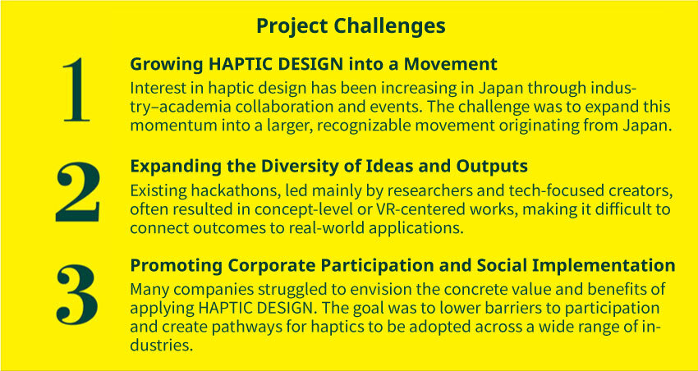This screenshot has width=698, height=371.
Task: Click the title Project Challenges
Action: [x=351, y=27]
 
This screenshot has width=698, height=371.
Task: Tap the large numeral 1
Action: [x=76, y=89]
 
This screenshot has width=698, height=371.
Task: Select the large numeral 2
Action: [x=78, y=192]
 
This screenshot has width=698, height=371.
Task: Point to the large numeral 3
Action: [x=77, y=294]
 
